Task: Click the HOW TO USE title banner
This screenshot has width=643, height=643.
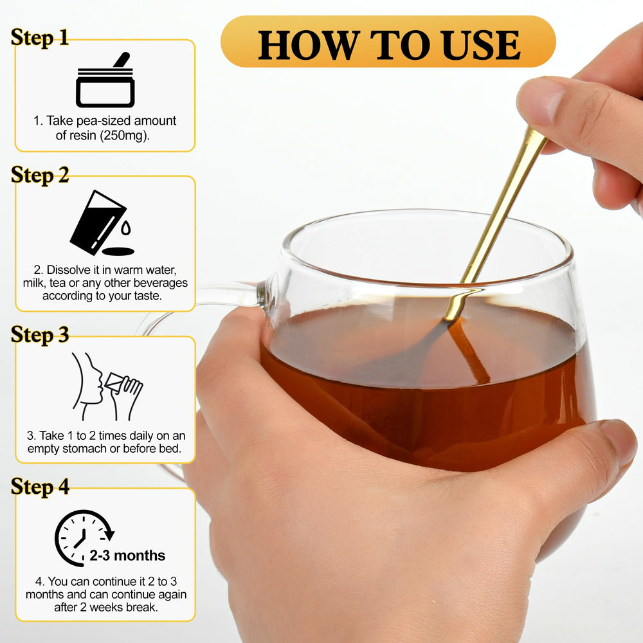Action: [x=388, y=41]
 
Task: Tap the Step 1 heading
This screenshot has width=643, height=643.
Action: [x=40, y=38]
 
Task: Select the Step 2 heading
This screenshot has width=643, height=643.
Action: [x=40, y=175]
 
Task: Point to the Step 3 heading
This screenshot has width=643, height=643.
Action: [x=40, y=334]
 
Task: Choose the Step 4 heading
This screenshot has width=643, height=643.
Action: [x=40, y=487]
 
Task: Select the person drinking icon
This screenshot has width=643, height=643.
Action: [x=107, y=386]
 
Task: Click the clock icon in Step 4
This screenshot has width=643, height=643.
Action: [x=84, y=538]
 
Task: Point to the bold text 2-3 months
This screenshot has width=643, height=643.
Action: [x=127, y=556]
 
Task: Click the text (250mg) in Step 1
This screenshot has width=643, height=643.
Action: [x=125, y=135]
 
